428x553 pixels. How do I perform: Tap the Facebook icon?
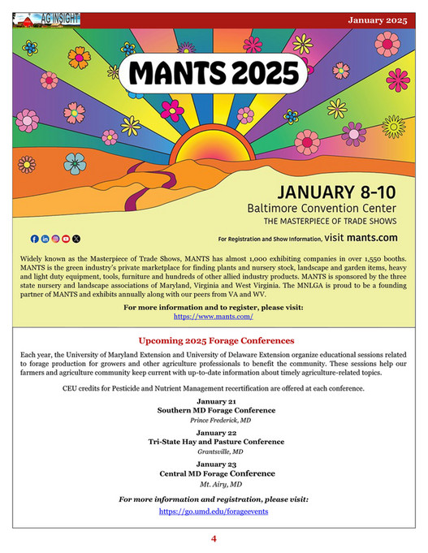[34, 239]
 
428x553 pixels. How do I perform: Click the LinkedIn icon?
[45, 239]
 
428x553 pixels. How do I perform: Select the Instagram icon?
[55, 239]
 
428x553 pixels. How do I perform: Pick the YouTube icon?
[66, 239]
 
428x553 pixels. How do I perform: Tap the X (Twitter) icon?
[76, 239]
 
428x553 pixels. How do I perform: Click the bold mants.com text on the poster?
[372, 238]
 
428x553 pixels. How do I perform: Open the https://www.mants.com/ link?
[214, 317]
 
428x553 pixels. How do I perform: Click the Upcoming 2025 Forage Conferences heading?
[215, 340]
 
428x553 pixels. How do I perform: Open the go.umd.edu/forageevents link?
[214, 512]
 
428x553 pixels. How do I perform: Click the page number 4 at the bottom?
[214, 538]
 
